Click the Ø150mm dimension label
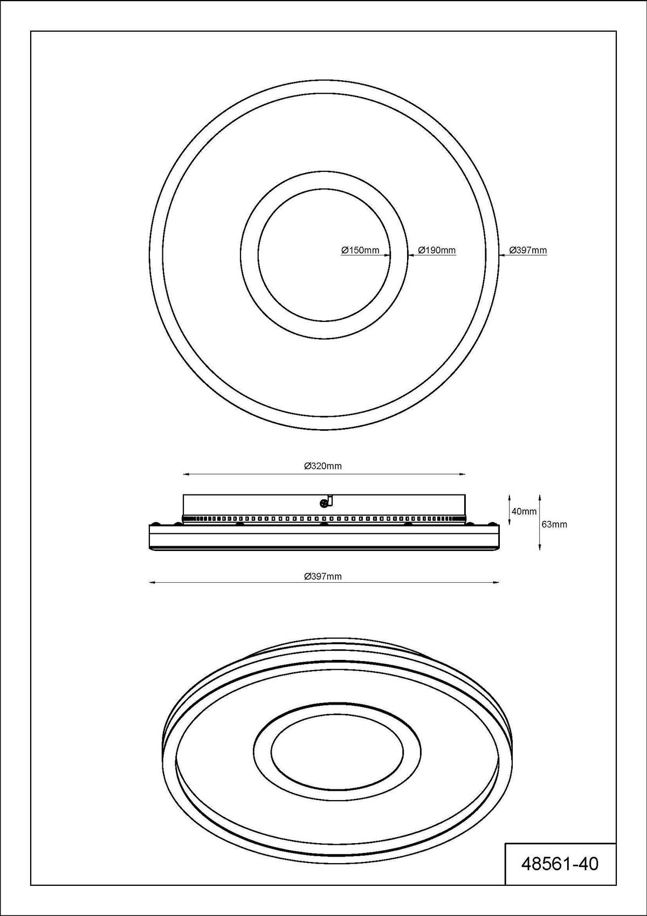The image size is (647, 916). (x=360, y=250)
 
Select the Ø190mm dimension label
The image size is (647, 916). (x=437, y=250)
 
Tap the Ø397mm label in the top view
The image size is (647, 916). (x=528, y=250)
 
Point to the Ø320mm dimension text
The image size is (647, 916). (x=323, y=466)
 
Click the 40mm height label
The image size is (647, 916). (x=524, y=511)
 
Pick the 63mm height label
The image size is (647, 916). (x=554, y=524)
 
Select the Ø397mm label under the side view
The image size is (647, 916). (x=323, y=576)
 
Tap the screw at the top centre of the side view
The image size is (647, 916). (x=324, y=503)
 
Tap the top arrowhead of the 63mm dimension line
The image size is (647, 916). (x=540, y=496)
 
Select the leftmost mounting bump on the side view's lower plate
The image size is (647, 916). (x=156, y=524)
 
